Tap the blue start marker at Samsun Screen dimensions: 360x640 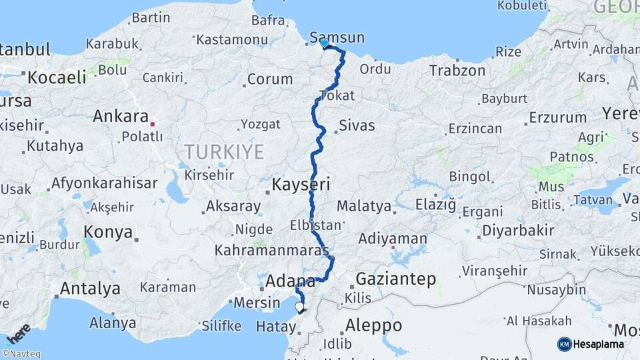pyautogui.click(x=324, y=43)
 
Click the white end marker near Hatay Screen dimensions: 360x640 pyautogui.click(x=300, y=307)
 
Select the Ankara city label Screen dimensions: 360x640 pyautogui.click(x=120, y=116)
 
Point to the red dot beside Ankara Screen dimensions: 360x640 pyautogui.click(x=153, y=123)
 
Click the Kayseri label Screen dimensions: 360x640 pyautogui.click(x=302, y=184)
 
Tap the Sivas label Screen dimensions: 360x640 pyautogui.click(x=357, y=125)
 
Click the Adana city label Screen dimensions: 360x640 pyautogui.click(x=290, y=281)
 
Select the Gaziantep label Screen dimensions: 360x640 pyautogui.click(x=396, y=279)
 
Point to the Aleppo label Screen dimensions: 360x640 pyautogui.click(x=374, y=325)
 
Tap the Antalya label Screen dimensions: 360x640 pyautogui.click(x=90, y=289)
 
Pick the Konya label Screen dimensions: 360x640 pyautogui.click(x=108, y=231)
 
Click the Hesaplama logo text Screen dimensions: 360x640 pyautogui.click(x=599, y=344)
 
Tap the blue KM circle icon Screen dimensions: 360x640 pyautogui.click(x=564, y=344)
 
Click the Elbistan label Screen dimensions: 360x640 pyautogui.click(x=316, y=225)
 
